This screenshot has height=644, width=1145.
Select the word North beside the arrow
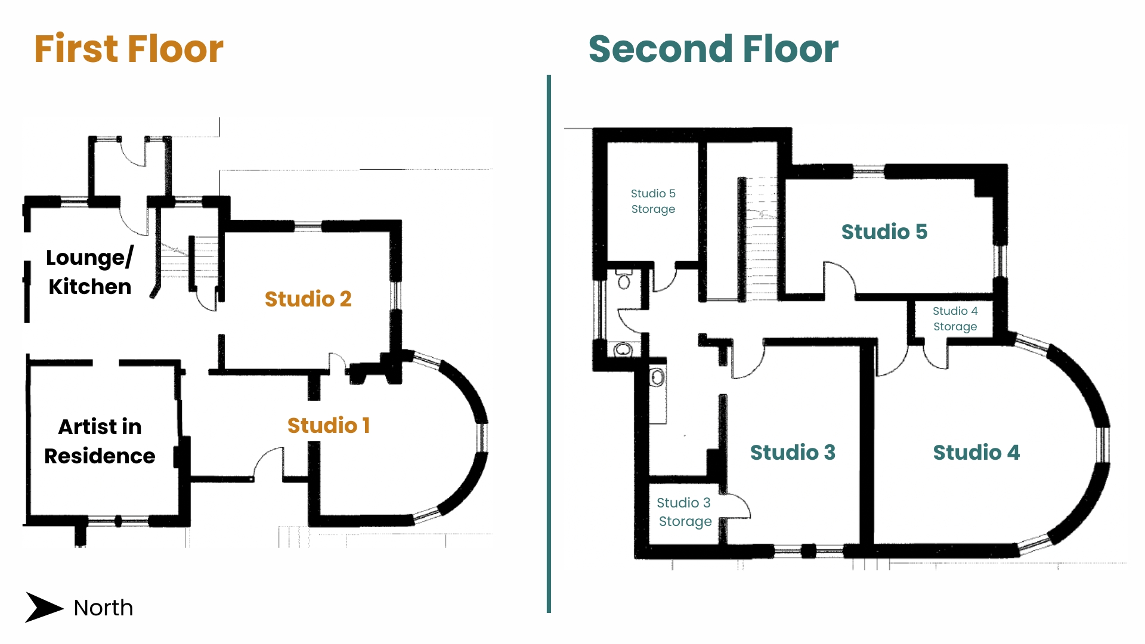103,608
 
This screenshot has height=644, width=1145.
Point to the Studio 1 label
329,425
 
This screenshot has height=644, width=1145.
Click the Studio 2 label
308,299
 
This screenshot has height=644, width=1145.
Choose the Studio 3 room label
793,452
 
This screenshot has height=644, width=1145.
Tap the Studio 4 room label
976,452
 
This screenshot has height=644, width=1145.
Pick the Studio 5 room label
884,231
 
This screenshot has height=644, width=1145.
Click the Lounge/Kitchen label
89,272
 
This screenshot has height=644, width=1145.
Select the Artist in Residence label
100,441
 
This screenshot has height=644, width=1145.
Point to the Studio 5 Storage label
653,201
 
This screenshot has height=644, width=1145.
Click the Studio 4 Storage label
955,318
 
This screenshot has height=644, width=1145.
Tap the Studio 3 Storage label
685,512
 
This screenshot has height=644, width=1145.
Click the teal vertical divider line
549,344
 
